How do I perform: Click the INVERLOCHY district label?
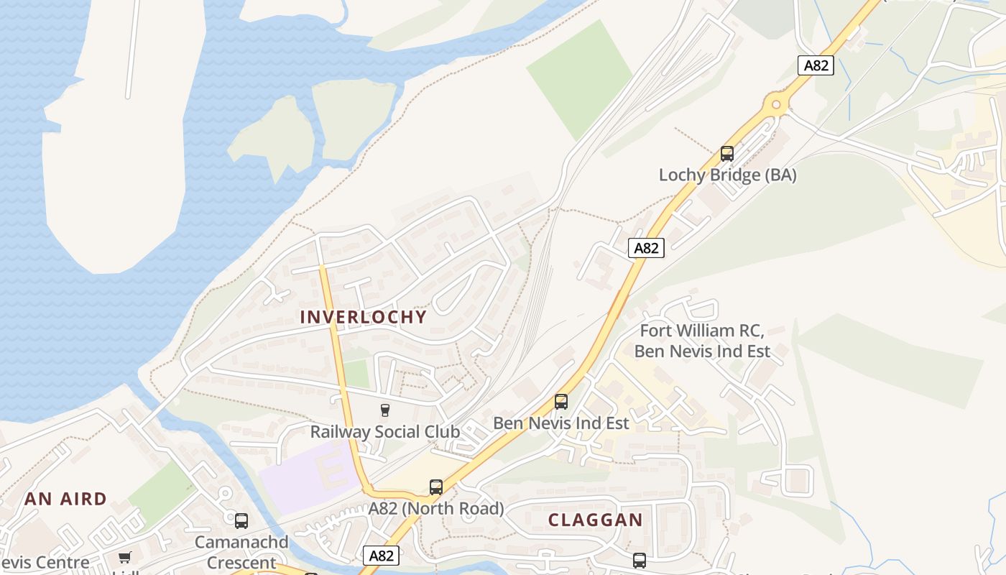click(x=363, y=317)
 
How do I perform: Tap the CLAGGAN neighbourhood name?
click(x=595, y=520)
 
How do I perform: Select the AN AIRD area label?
click(x=65, y=499)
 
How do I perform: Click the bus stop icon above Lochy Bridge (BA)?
click(x=726, y=153)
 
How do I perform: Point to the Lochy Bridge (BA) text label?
click(x=727, y=175)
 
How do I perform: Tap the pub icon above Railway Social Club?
click(x=384, y=410)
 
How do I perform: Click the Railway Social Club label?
click(x=384, y=431)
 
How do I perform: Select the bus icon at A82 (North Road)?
click(x=435, y=487)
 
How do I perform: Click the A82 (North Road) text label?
click(x=435, y=508)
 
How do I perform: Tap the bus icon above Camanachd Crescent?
click(x=241, y=520)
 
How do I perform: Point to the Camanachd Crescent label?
click(x=241, y=551)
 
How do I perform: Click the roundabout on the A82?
click(x=775, y=105)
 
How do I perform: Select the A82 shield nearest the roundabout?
click(x=816, y=65)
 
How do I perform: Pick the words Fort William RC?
click(x=701, y=331)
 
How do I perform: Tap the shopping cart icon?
click(x=125, y=557)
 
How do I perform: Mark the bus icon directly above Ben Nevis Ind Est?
click(x=560, y=402)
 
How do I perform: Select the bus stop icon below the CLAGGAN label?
click(x=639, y=560)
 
